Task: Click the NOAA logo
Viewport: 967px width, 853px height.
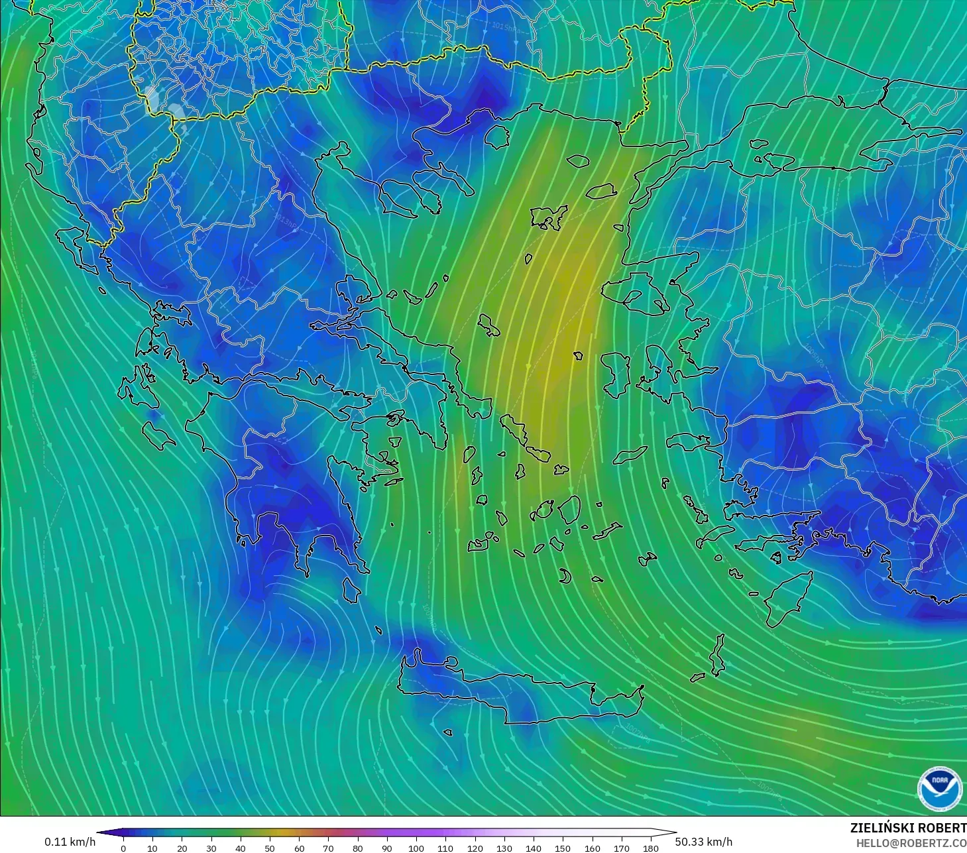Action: [939, 788]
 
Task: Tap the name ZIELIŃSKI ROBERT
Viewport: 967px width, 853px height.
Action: [908, 828]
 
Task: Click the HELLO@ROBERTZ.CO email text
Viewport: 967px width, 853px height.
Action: [911, 843]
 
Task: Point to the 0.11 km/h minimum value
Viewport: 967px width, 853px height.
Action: [70, 842]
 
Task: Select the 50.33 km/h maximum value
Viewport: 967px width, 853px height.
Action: [703, 842]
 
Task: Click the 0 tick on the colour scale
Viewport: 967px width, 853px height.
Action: [123, 848]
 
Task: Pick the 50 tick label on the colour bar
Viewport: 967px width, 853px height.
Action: [270, 848]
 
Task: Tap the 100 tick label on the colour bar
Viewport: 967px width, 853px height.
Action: [416, 848]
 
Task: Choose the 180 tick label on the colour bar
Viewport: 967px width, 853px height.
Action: [651, 848]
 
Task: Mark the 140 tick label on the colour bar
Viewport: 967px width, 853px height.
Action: [534, 848]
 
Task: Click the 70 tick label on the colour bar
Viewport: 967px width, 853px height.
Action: [328, 848]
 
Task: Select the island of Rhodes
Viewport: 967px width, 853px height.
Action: [787, 600]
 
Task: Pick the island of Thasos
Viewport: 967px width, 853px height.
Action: [496, 137]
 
